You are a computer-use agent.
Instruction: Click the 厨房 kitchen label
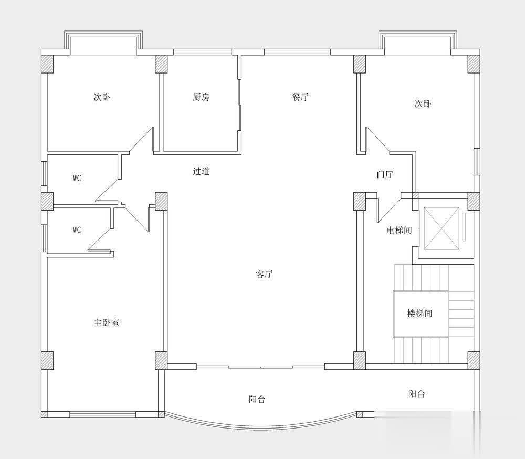[201, 97]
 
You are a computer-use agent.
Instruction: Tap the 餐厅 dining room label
[300, 97]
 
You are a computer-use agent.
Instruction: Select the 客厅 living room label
[264, 274]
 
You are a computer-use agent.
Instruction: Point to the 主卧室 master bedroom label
[107, 322]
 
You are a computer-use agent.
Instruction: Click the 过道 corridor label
[201, 171]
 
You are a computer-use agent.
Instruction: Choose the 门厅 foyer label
[384, 174]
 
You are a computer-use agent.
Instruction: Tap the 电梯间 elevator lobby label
[399, 231]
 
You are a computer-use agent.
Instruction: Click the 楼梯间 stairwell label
[419, 314]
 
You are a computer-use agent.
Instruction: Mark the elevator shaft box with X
[442, 228]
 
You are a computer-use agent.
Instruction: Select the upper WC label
[77, 178]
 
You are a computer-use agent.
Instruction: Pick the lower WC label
[77, 230]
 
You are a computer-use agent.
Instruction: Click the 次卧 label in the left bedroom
[102, 97]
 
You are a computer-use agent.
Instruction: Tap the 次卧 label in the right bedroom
[423, 104]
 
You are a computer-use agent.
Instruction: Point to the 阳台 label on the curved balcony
[257, 399]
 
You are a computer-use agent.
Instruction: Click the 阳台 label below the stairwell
[417, 394]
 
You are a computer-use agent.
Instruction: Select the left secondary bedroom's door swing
[141, 140]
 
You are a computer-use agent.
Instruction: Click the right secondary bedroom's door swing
[378, 140]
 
